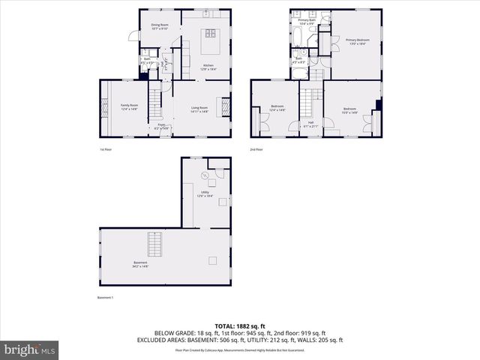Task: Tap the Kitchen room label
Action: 208,67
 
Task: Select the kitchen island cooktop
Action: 210,32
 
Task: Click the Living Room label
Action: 199,109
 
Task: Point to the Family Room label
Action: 129,106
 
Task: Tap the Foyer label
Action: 160,126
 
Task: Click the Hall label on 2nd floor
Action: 310,124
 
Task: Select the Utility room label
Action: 202,193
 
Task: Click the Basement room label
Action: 139,264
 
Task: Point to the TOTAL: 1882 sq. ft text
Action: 239,325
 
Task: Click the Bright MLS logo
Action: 30,349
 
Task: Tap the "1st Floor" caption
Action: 106,150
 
